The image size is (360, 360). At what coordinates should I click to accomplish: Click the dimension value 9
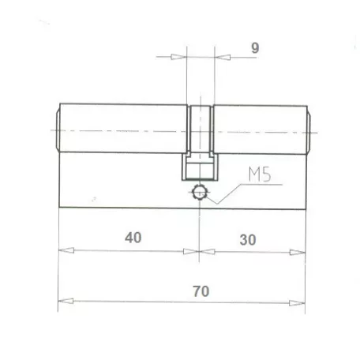click(255, 48)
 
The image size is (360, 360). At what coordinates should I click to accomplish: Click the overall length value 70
click(200, 291)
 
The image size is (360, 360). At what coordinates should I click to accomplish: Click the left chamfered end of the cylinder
click(57, 129)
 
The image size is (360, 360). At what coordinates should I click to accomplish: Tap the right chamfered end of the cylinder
click(307, 129)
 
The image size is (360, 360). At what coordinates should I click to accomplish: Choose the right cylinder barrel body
click(257, 129)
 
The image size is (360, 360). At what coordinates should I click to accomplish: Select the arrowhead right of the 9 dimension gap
click(222, 57)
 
